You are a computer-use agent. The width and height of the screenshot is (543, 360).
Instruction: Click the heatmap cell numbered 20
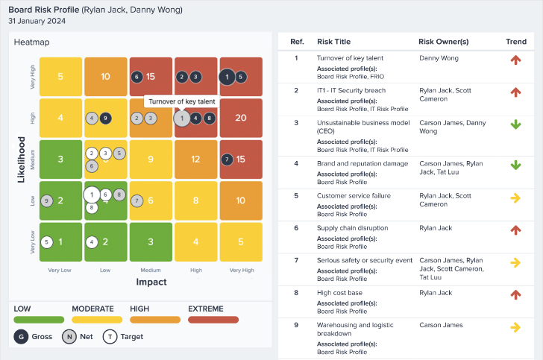point(241,118)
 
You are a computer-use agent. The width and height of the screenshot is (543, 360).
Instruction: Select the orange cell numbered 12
point(196,159)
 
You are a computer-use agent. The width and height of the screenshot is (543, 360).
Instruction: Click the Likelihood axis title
point(22,159)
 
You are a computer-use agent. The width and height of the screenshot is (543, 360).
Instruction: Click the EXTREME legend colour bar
point(213,319)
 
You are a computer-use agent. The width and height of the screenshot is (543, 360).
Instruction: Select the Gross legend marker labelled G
point(19,337)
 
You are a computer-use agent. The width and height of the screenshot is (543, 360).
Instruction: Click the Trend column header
point(515,42)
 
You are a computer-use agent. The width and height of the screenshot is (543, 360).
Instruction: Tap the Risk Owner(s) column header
point(445,42)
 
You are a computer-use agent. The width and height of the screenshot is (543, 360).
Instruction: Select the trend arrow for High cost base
point(515,294)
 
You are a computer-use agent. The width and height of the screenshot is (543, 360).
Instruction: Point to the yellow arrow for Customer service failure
point(515,198)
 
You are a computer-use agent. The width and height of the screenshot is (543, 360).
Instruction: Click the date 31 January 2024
point(37,21)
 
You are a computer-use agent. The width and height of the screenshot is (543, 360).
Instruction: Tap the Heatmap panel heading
point(31,42)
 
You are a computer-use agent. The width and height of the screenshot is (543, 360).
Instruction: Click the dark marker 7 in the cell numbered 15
point(227,159)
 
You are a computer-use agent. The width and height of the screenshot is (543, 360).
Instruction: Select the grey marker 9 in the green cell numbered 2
point(47,200)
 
